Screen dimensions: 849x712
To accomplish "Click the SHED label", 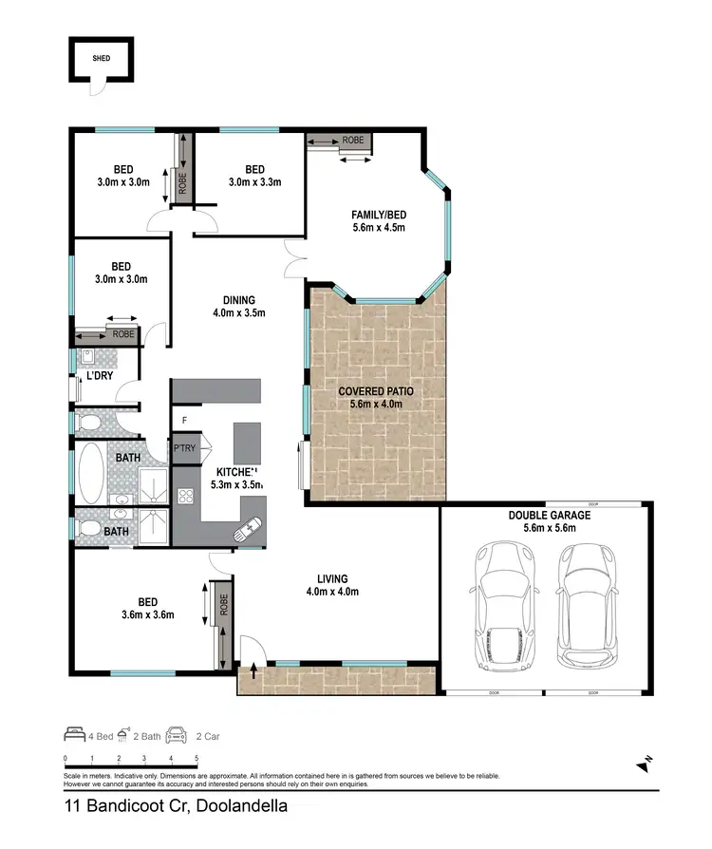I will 101,57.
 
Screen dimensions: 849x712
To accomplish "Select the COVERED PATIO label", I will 376,390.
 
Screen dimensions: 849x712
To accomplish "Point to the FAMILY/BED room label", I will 379,214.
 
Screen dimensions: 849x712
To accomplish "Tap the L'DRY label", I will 100,377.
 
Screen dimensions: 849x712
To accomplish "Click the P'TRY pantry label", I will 183,449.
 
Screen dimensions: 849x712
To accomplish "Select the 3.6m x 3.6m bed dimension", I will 148,614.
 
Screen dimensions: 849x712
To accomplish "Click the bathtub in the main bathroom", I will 91,474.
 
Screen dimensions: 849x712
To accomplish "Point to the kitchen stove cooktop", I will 187,495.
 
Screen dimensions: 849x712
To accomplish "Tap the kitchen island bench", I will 247,443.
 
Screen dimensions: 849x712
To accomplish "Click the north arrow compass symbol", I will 645,763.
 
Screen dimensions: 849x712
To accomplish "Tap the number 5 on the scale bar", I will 197,759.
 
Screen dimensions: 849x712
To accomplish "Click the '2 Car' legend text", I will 206,735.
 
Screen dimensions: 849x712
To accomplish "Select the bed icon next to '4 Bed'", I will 74,734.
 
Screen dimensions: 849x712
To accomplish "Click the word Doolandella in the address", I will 231,808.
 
